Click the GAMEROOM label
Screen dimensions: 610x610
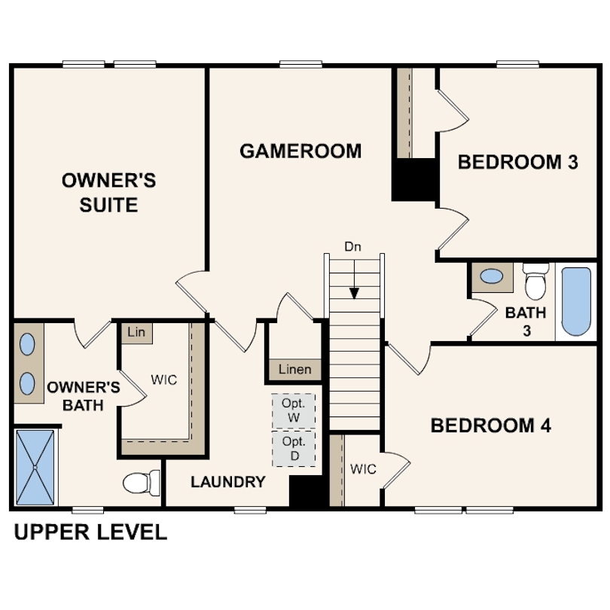click(300, 151)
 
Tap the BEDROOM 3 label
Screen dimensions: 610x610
click(518, 162)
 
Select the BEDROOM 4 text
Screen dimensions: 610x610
click(490, 425)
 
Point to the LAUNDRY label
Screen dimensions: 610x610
click(228, 482)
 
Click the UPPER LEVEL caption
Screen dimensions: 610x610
click(90, 532)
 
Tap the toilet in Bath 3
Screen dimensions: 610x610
click(535, 281)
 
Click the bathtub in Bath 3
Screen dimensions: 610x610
click(576, 301)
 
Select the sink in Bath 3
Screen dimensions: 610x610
click(491, 276)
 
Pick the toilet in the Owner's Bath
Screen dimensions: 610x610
click(142, 483)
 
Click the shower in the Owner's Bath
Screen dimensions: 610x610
click(35, 467)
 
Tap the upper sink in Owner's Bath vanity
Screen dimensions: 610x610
click(27, 344)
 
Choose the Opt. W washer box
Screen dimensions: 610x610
click(294, 411)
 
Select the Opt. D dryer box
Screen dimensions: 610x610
click(294, 449)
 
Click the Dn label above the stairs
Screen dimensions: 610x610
click(352, 247)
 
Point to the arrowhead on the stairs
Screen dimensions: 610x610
click(354, 293)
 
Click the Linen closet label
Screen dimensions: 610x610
click(295, 369)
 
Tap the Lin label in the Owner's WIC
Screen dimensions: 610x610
click(136, 332)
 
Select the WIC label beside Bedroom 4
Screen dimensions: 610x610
click(363, 469)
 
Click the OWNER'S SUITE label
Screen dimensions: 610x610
click(108, 193)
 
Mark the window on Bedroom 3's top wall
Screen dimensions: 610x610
click(518, 64)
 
